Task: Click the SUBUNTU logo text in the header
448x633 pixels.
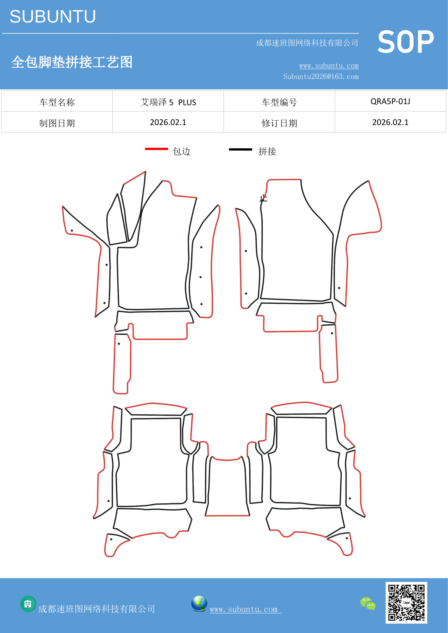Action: click(x=53, y=17)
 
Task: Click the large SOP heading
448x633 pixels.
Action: click(x=405, y=42)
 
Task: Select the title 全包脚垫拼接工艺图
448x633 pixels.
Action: click(x=72, y=62)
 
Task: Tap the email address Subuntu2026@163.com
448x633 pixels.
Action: click(x=321, y=76)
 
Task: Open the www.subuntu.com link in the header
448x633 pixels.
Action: click(x=329, y=66)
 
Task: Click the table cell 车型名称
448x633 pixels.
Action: click(x=57, y=102)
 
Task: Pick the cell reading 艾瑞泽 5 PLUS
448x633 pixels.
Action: click(x=168, y=102)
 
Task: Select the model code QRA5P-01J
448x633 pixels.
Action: click(x=390, y=101)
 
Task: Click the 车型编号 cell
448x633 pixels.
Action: click(x=279, y=102)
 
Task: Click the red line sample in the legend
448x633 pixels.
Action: click(x=156, y=149)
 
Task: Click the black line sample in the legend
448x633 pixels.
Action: click(x=240, y=149)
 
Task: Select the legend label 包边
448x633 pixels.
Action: click(x=182, y=151)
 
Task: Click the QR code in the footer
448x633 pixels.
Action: click(x=406, y=603)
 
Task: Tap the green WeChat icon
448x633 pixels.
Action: click(x=368, y=603)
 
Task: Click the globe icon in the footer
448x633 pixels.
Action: click(x=199, y=604)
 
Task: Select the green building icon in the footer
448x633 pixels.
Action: click(x=28, y=604)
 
